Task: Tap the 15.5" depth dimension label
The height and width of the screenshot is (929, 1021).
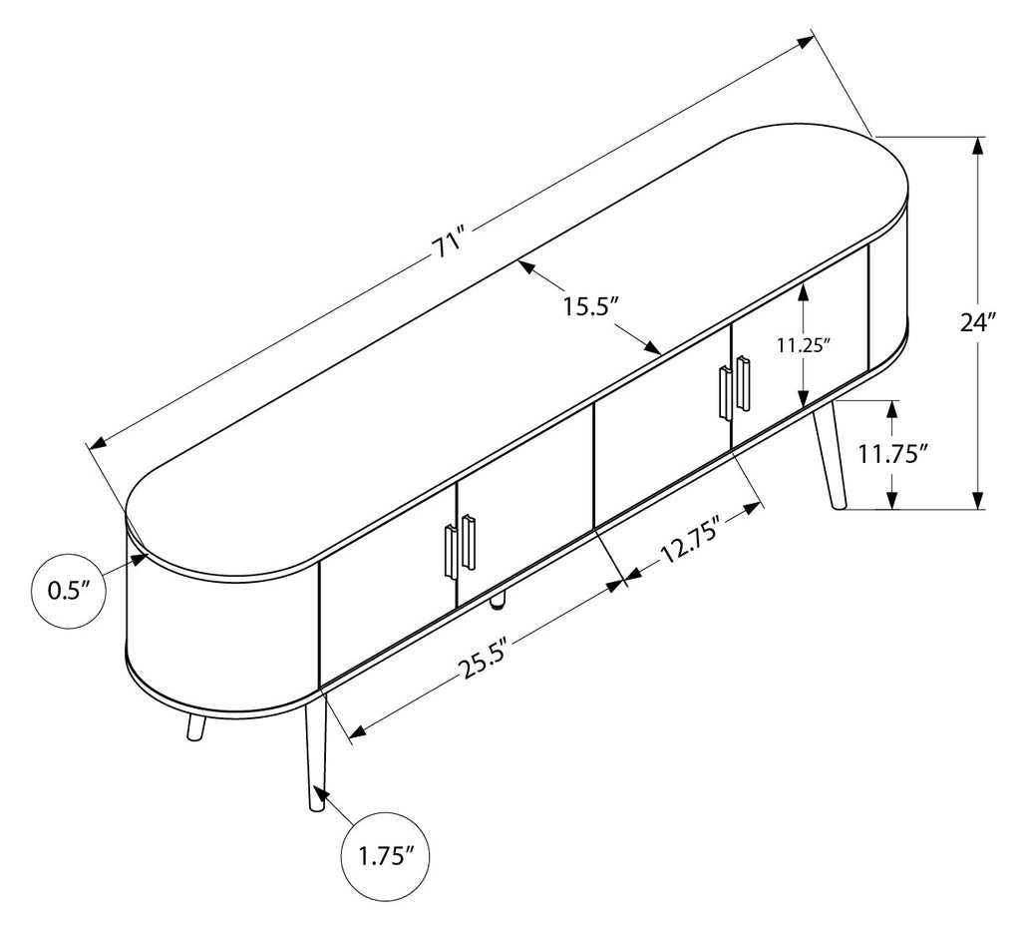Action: coord(590,305)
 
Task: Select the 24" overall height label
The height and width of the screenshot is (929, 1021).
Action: coord(979,322)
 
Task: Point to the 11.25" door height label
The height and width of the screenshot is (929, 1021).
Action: coord(805,344)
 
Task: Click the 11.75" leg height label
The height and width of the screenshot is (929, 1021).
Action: coord(892,453)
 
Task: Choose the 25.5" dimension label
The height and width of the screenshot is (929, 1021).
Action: coord(484,659)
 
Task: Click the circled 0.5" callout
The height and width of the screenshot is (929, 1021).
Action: coord(68,591)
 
